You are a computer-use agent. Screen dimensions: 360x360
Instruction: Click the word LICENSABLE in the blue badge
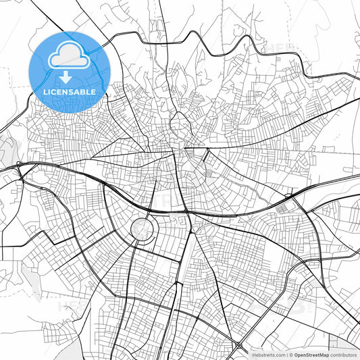(x=70, y=91)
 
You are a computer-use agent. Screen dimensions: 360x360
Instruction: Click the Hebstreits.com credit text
(x=268, y=355)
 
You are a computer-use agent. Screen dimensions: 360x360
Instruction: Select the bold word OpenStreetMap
(x=311, y=355)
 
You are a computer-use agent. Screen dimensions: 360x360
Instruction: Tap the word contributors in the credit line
(x=344, y=355)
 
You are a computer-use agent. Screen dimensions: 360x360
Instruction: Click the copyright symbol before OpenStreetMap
(x=290, y=355)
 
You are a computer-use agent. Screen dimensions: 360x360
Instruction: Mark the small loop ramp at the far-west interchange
(x=20, y=168)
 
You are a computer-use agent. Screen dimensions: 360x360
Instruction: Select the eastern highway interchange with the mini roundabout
(x=291, y=198)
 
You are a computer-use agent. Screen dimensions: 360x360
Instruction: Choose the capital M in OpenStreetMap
(x=323, y=355)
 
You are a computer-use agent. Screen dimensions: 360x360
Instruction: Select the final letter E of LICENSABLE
(x=93, y=91)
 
